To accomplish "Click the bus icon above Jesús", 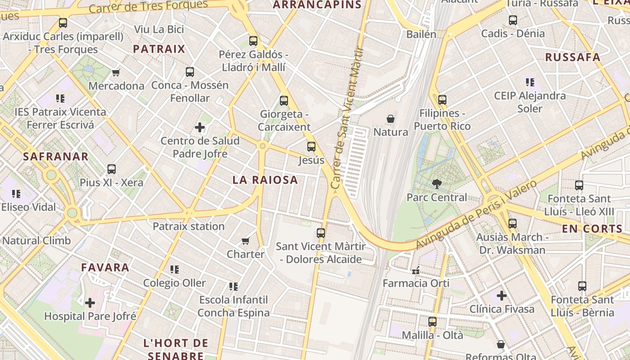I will [x=311, y=147].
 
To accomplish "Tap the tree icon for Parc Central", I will [x=436, y=184].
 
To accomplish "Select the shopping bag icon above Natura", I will [x=390, y=119].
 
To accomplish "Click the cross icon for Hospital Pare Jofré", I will [x=90, y=302].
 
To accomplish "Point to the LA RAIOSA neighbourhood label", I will [x=265, y=180].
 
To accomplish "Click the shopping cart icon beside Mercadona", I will [x=116, y=72].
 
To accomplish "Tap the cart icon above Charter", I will [x=245, y=241].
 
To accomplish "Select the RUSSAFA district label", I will [x=573, y=57].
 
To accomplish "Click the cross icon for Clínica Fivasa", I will [x=502, y=296].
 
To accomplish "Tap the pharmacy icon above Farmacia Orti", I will [x=416, y=270].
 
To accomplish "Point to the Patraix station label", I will [x=189, y=226].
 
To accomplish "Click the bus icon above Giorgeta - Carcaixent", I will [x=283, y=101].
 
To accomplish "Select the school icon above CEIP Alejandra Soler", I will [x=530, y=82].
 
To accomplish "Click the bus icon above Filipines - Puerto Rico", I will [x=442, y=100].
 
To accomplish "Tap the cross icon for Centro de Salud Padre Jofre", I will [x=200, y=128].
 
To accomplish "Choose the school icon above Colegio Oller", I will [x=174, y=270].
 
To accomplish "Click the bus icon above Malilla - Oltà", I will [x=432, y=322].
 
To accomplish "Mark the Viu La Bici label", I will [x=159, y=30].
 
